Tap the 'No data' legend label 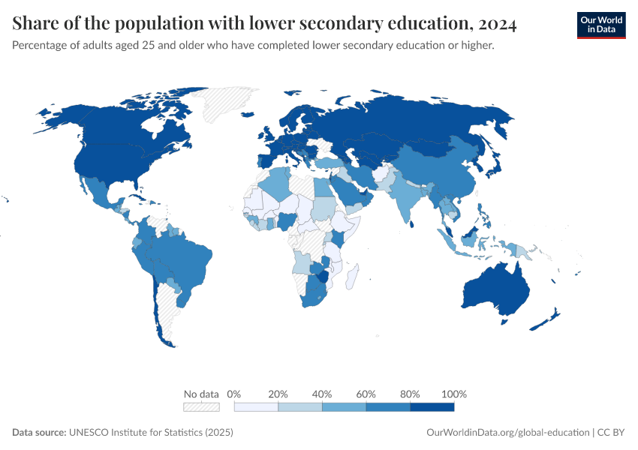tap(201, 394)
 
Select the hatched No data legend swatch tap(201, 406)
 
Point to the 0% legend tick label tap(234, 394)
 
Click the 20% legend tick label tap(278, 394)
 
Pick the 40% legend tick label tap(322, 394)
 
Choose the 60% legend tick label tap(366, 394)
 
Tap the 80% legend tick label tap(410, 394)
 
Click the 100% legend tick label tap(454, 394)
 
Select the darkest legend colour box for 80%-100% tap(432, 406)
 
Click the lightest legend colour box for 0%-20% tap(256, 406)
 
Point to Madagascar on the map tap(354, 277)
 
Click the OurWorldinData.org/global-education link tap(507, 433)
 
